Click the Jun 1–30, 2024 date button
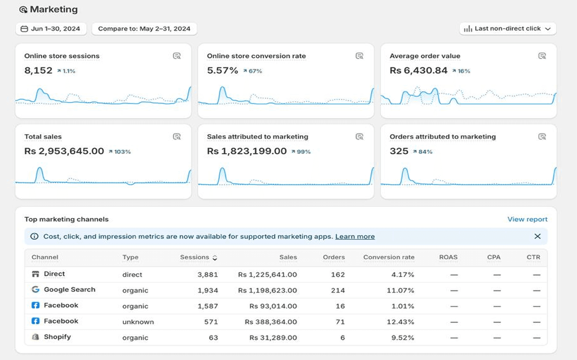point(51,29)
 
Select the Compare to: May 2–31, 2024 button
point(144,29)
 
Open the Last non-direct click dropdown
point(507,29)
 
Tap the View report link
point(527,219)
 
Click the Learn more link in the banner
point(355,237)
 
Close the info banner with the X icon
point(537,236)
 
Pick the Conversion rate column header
point(388,257)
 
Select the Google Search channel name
point(69,290)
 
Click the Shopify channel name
point(57,337)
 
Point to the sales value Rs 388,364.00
point(271,322)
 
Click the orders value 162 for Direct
point(337,275)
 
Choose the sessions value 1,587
point(208,306)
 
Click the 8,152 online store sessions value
point(38,71)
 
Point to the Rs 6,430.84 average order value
point(418,71)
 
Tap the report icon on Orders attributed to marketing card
point(542,137)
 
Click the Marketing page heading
point(53,9)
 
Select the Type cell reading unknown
point(138,322)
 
